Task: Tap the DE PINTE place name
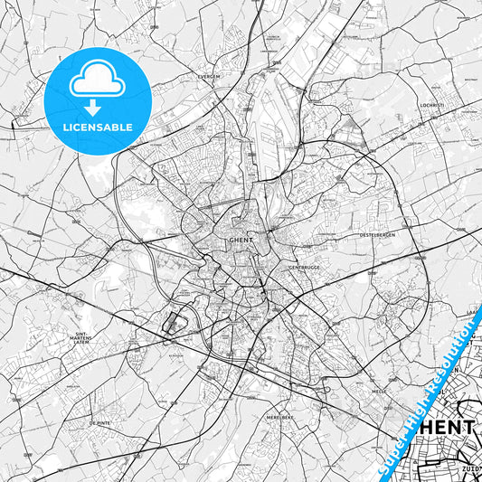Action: [99, 423]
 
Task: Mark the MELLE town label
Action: [379, 391]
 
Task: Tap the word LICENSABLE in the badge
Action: [97, 128]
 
